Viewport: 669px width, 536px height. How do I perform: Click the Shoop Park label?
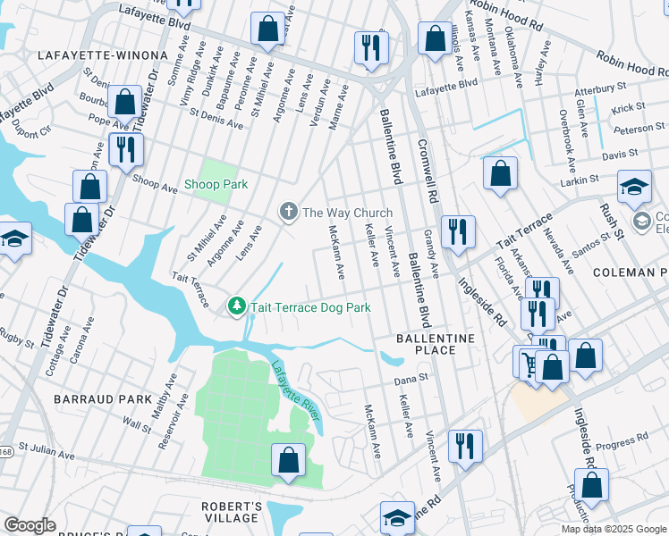click(216, 185)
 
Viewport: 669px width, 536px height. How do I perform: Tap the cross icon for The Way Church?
click(288, 212)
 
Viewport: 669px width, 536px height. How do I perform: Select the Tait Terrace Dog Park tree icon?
click(237, 306)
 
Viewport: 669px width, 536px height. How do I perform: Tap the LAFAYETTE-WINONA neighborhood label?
click(103, 55)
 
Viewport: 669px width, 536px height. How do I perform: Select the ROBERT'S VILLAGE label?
click(231, 513)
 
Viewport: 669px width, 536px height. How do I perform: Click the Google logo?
click(30, 525)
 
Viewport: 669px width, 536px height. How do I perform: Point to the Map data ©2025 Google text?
click(613, 529)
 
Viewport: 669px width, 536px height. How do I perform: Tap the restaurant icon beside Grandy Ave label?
click(458, 232)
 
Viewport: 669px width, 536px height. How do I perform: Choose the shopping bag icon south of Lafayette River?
click(289, 462)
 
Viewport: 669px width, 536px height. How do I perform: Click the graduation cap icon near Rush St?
click(634, 188)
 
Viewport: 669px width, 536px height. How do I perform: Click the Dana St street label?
click(412, 379)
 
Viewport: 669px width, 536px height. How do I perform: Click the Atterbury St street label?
click(598, 89)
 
